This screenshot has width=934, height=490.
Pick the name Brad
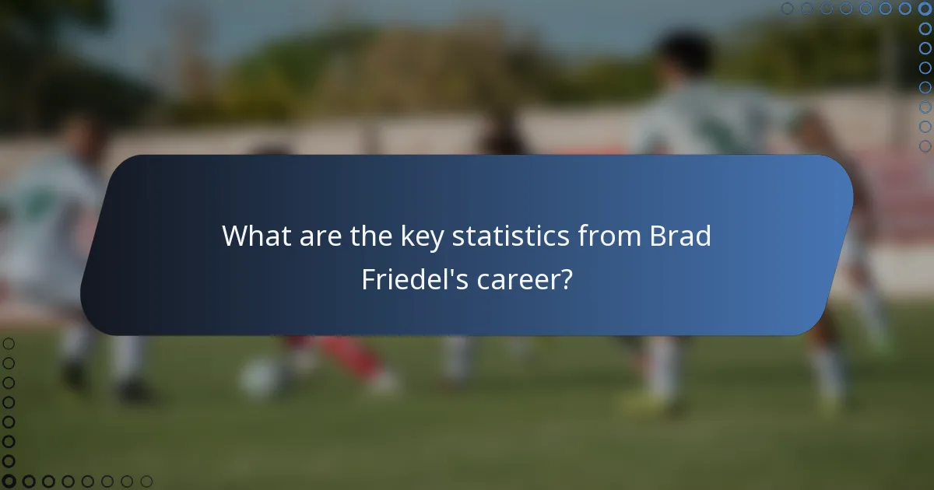click(680, 236)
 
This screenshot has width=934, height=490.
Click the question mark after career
click(566, 279)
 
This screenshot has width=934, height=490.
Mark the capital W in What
click(236, 236)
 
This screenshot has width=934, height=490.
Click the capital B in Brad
click(658, 236)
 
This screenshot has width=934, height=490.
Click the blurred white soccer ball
click(257, 379)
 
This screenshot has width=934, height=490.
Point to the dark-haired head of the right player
click(684, 54)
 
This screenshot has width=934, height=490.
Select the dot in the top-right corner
click(925, 9)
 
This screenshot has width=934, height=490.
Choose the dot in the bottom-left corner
click(9, 481)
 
